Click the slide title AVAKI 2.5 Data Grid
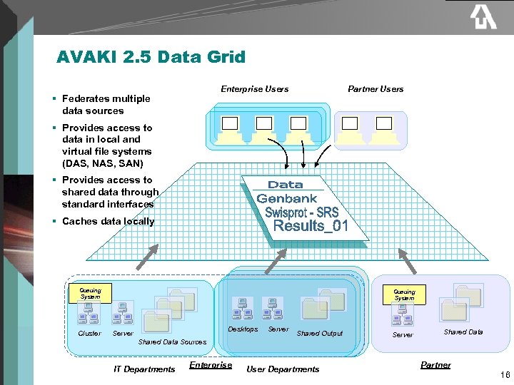click(x=151, y=57)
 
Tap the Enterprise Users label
click(x=254, y=89)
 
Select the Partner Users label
click(x=376, y=89)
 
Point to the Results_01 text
click(x=311, y=227)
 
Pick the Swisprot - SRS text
click(x=301, y=212)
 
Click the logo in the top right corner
click(x=483, y=17)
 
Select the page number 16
click(x=505, y=374)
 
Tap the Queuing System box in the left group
click(x=90, y=293)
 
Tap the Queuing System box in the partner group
click(x=404, y=294)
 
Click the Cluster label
click(x=89, y=334)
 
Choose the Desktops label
click(x=243, y=329)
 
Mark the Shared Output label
click(x=319, y=334)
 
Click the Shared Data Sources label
click(x=172, y=342)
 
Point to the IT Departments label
click(x=144, y=369)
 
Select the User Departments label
click(x=283, y=369)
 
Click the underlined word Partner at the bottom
click(x=435, y=365)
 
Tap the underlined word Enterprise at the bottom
click(x=211, y=365)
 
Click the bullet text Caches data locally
click(x=108, y=222)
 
